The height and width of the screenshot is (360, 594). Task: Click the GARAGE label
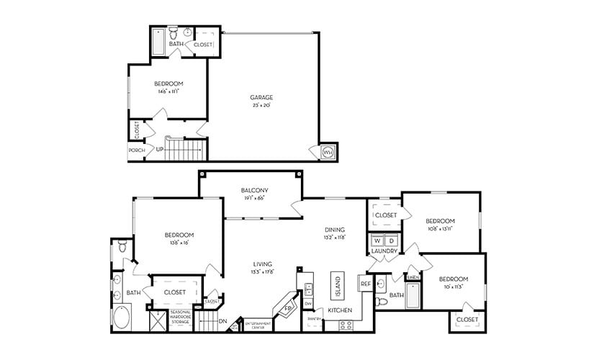[261, 97]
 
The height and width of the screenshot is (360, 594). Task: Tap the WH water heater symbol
[327, 152]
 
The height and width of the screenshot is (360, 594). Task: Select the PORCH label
[135, 150]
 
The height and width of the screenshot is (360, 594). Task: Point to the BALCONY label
[254, 190]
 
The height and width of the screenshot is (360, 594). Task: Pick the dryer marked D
[391, 240]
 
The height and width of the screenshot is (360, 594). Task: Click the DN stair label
[223, 320]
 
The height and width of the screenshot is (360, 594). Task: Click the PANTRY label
[315, 319]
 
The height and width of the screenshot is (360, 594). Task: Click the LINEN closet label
[413, 277]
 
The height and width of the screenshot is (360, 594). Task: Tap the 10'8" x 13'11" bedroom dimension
[439, 229]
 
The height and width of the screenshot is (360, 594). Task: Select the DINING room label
[335, 230]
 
